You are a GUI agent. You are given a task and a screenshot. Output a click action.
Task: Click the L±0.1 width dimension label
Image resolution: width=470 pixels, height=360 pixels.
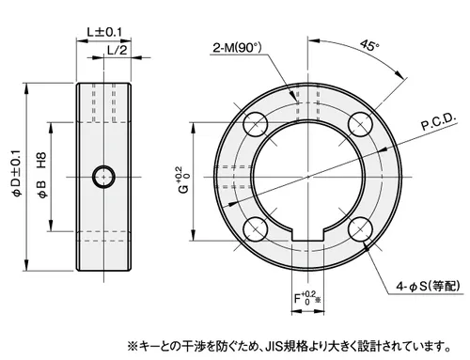click(104, 32)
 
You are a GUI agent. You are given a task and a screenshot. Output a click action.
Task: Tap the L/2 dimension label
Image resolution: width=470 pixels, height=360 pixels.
click(117, 50)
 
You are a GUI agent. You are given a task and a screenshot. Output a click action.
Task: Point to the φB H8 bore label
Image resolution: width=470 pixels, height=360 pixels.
click(42, 175)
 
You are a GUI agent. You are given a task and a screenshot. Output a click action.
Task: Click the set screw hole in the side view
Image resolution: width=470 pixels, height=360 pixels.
click(103, 177)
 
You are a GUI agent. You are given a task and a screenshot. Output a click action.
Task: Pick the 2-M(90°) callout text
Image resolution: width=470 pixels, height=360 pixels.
click(237, 48)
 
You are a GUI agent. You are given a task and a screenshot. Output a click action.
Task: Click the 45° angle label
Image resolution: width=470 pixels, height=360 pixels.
click(369, 45)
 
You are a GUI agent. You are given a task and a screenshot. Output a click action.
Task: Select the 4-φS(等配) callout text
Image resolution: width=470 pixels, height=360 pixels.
click(428, 286)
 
